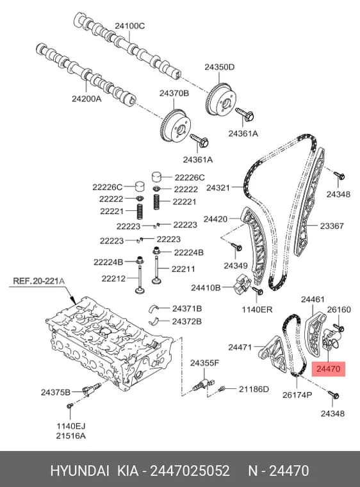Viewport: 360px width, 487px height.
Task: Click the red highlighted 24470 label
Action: (x=329, y=369)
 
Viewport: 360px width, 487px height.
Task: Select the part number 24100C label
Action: (x=130, y=26)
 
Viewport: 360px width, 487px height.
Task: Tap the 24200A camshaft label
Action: (x=86, y=99)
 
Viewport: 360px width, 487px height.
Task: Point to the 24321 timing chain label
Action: (x=218, y=188)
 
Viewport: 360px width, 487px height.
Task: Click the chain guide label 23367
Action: (x=332, y=226)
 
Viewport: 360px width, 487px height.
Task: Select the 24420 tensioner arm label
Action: (x=215, y=219)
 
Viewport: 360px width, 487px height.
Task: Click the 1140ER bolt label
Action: (x=257, y=310)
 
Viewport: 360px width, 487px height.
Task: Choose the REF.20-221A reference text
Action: (x=39, y=281)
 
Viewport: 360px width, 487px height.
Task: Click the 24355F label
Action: (x=205, y=363)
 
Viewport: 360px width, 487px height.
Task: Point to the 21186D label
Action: (x=254, y=389)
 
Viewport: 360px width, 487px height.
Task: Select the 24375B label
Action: (x=56, y=392)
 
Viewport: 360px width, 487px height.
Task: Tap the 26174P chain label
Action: (x=297, y=395)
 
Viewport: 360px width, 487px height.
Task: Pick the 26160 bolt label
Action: (x=339, y=310)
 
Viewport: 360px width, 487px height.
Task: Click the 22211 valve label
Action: (x=183, y=268)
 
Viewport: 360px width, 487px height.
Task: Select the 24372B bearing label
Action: (x=186, y=321)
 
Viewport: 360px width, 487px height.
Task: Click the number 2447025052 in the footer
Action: (x=190, y=471)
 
